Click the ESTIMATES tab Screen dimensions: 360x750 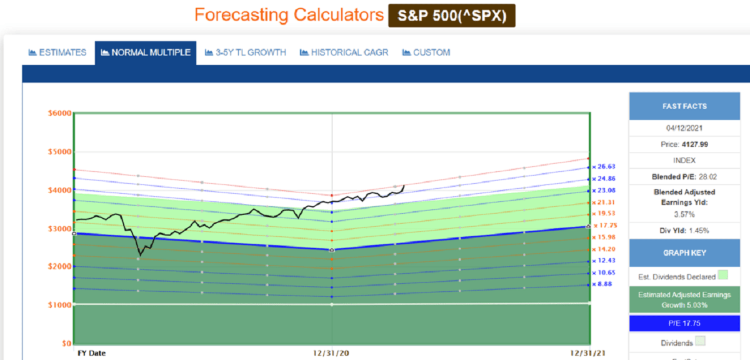[57, 52]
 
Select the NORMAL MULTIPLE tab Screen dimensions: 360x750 [146, 52]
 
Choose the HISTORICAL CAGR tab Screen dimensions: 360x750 [344, 52]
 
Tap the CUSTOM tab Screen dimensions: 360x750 [426, 52]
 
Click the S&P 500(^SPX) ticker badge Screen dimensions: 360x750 [452, 16]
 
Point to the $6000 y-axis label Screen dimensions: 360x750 [60, 113]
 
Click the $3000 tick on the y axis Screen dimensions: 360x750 [60, 228]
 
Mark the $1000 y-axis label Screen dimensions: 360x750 [60, 305]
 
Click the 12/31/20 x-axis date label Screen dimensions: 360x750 [331, 353]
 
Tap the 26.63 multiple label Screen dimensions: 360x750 [604, 167]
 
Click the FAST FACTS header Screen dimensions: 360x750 [684, 106]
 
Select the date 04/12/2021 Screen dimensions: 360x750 [684, 128]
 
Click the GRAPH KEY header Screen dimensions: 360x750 [684, 254]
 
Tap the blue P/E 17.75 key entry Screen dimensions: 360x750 [684, 323]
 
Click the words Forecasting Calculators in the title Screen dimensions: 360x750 [289, 15]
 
